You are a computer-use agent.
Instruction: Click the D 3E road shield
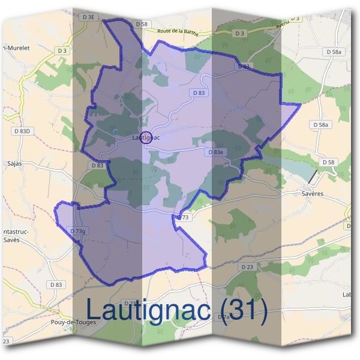point(88,17)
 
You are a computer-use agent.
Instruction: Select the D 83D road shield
point(21,130)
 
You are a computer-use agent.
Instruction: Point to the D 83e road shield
point(215,152)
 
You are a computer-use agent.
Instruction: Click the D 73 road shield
point(184,217)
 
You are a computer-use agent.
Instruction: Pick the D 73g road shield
point(79,231)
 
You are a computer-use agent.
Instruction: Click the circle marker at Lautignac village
point(145,137)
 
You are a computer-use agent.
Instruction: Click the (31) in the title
point(243,309)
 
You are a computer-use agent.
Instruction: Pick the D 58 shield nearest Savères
point(328,162)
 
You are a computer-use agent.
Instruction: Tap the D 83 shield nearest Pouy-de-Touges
point(56,284)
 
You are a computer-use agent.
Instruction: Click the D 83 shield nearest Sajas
point(98,165)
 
